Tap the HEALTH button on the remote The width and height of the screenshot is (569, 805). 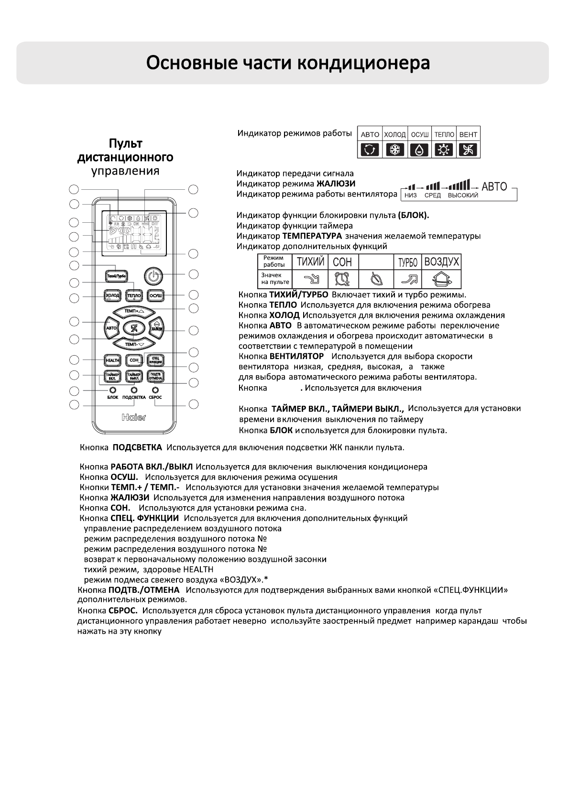coord(113,360)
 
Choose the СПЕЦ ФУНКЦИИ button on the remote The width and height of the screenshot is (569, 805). coord(155,360)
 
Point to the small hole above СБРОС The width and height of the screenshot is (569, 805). coord(155,390)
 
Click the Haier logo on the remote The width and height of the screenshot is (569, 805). coord(134,417)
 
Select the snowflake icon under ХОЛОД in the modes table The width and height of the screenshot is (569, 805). coord(395,150)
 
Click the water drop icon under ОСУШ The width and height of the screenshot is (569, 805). coord(419,150)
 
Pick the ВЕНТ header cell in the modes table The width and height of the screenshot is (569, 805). coord(469,135)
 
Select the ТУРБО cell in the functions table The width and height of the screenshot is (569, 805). coord(406,262)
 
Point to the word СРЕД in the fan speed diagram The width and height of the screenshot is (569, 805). coord(432,196)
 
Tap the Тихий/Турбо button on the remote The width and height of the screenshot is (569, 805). coord(116,276)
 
